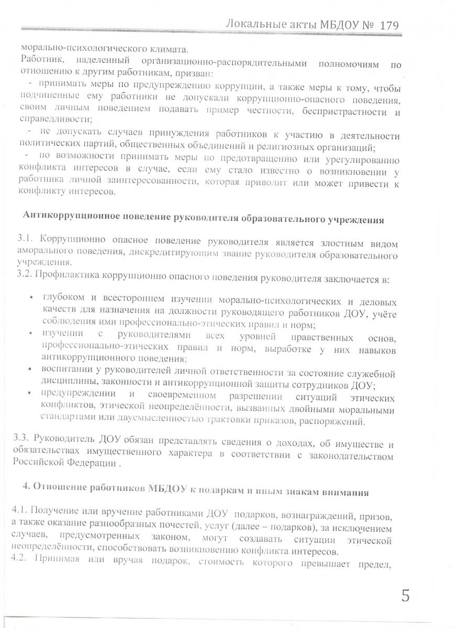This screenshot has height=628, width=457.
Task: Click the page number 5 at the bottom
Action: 405,596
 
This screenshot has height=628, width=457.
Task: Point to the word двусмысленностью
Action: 184,420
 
